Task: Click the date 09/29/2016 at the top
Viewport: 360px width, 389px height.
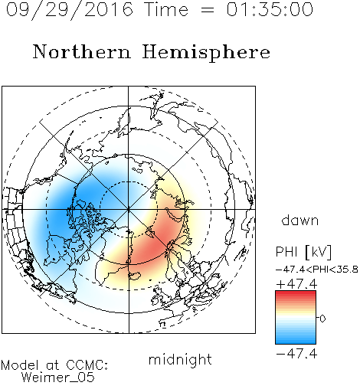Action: tap(70, 9)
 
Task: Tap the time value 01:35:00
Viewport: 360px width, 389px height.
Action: tap(270, 9)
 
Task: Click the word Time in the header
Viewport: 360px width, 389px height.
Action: tap(166, 9)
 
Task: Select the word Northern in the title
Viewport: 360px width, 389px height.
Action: tap(82, 51)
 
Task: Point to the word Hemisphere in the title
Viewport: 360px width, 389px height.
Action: tap(206, 53)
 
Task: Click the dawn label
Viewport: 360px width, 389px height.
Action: tap(300, 220)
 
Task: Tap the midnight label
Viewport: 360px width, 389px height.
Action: tap(180, 359)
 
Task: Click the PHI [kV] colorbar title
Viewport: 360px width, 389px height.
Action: tap(303, 252)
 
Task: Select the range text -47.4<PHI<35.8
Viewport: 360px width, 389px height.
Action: tap(317, 270)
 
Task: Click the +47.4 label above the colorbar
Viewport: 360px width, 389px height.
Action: tap(296, 284)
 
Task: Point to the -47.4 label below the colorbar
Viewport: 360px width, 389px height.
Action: tap(296, 354)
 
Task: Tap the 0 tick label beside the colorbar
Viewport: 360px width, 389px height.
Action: tap(322, 319)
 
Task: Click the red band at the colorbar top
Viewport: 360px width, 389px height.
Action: tap(296, 293)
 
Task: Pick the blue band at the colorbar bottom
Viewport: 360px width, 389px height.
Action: tap(296, 341)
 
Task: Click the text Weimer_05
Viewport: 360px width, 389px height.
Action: tap(58, 377)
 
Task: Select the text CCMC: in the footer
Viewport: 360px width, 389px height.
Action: tap(87, 365)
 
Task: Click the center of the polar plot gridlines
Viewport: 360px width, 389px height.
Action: tap(129, 209)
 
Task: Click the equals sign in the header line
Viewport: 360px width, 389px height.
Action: tap(208, 10)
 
